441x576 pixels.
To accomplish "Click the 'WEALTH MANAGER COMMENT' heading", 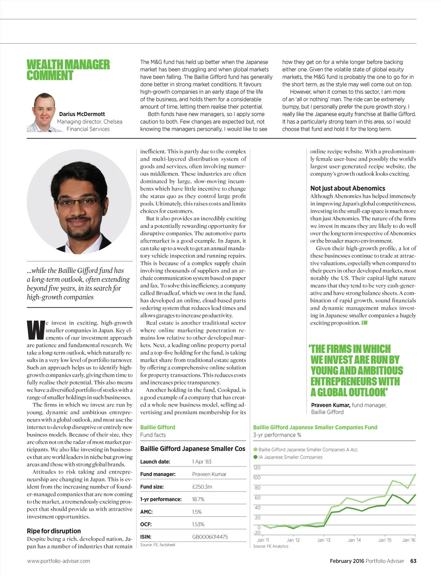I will point(68,70).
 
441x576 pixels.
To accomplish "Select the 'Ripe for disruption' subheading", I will point(54,531).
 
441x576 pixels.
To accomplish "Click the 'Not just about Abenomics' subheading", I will point(348,188).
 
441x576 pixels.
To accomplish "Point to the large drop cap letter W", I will point(36,330).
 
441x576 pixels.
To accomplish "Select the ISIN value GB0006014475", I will point(210,537).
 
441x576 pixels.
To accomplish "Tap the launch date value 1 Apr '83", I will point(202,462).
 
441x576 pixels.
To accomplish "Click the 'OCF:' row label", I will point(146,524).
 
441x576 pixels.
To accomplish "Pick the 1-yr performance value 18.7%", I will point(198,499).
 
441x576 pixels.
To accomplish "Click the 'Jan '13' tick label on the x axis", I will point(324,540).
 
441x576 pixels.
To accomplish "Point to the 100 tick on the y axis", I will point(257,477).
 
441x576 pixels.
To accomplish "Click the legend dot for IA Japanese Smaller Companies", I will point(255,457).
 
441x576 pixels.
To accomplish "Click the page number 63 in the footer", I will point(413,561).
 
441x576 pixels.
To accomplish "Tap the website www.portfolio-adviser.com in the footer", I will point(58,561).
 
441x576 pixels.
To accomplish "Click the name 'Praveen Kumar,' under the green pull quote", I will point(330,405).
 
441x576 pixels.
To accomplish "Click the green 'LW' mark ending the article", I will point(364,323).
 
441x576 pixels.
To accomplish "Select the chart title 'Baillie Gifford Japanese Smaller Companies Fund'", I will point(315,427).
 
